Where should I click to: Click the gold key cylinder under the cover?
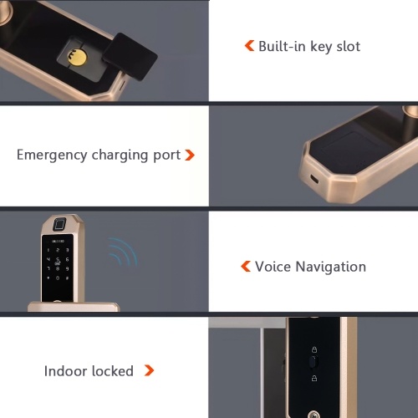(77, 57)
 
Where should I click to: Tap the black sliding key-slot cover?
(130, 56)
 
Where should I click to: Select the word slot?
(349, 46)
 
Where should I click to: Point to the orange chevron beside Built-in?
(249, 46)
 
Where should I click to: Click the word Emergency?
(52, 155)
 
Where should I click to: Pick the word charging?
(120, 155)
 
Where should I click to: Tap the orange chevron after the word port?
(190, 155)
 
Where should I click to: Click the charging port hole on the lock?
(314, 179)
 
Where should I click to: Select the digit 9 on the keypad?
(67, 269)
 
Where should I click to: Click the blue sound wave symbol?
(123, 252)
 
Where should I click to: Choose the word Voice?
(273, 267)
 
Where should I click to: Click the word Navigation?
(331, 268)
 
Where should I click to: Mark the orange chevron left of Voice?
(246, 266)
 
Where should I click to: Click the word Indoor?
(65, 371)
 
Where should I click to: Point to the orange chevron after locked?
(149, 370)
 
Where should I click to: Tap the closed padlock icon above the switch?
(314, 349)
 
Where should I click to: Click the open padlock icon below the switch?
(314, 378)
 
